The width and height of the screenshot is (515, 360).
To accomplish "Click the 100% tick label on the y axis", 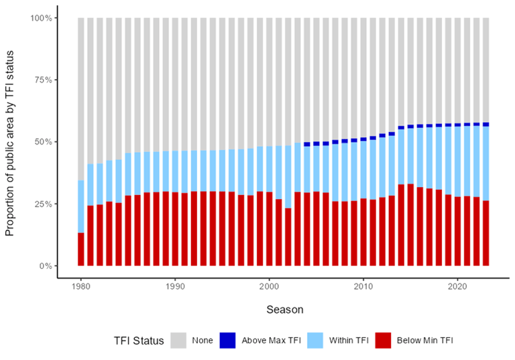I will [42, 17].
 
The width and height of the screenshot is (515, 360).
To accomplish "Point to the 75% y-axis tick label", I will [44, 80].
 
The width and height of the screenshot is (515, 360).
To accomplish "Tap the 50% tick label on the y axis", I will [44, 141].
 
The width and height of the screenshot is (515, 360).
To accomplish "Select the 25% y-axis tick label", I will [44, 204].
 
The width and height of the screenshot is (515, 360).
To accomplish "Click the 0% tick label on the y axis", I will [46, 265].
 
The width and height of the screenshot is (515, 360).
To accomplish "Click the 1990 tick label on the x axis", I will [175, 284].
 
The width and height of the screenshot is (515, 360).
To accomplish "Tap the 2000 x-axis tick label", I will [270, 284].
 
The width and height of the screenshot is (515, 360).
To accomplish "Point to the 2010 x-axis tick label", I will [363, 284].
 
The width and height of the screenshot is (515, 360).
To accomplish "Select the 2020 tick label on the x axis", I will [457, 284].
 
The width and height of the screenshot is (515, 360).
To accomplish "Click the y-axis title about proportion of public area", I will [10, 141].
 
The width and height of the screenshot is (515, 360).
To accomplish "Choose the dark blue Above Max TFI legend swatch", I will [228, 341].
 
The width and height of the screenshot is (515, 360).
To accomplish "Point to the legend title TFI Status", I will [137, 341].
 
